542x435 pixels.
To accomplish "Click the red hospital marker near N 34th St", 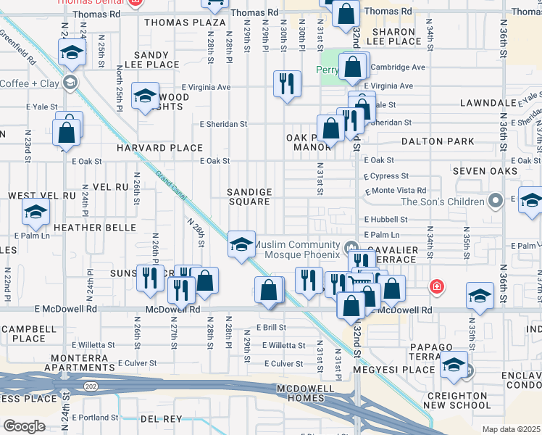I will pyautogui.click(x=436, y=286).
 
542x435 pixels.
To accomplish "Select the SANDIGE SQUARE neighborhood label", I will pyautogui.click(x=250, y=196).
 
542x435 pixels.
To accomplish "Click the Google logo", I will pyautogui.click(x=24, y=426).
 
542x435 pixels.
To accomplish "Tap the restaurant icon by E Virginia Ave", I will pyautogui.click(x=287, y=83).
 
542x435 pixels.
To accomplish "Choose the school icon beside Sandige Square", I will pyautogui.click(x=241, y=244).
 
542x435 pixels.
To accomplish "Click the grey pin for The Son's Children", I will pyautogui.click(x=496, y=200).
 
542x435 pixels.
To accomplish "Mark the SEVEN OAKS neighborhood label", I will pyautogui.click(x=485, y=171).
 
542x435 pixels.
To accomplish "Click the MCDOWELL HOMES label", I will pyautogui.click(x=310, y=394).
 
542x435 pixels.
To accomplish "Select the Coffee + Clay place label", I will pyautogui.click(x=28, y=83).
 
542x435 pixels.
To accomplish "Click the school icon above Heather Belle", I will pyautogui.click(x=34, y=211).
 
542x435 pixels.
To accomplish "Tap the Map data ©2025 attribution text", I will pyautogui.click(x=511, y=429).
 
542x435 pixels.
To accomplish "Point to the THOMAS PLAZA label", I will pyautogui.click(x=185, y=22).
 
